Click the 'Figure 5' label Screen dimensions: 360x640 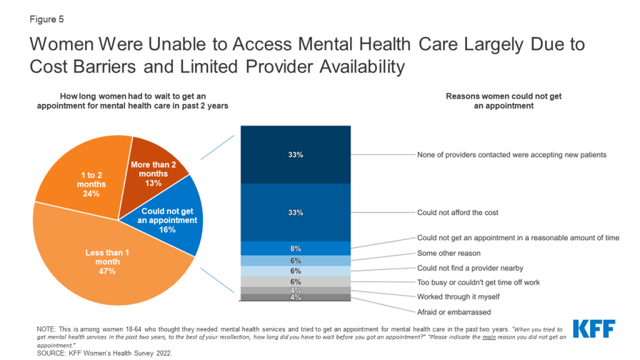pyautogui.click(x=46, y=19)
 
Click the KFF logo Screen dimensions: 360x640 pyautogui.click(x=593, y=329)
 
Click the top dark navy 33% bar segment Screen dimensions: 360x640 pyautogui.click(x=296, y=154)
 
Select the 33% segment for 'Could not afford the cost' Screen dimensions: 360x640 pyautogui.click(x=296, y=212)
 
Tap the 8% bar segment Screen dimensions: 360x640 pyautogui.click(x=296, y=248)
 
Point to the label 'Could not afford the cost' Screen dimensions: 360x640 pyautogui.click(x=457, y=212)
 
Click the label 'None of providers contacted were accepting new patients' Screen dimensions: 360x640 pyautogui.click(x=516, y=154)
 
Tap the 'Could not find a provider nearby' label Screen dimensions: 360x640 pyautogui.click(x=470, y=267)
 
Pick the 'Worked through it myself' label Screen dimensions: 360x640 pyautogui.click(x=459, y=297)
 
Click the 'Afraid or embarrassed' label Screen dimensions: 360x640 pyautogui.click(x=454, y=312)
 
